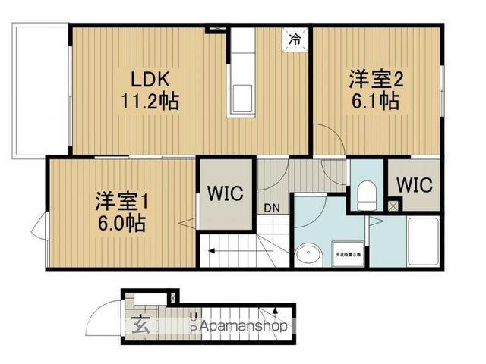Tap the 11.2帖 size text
[150, 101]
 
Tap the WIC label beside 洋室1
[226, 193]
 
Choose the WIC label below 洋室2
[413, 185]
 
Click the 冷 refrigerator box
[295, 39]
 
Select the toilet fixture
[366, 195]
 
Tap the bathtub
[423, 241]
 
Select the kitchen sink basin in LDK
[245, 97]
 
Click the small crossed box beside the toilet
[392, 206]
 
